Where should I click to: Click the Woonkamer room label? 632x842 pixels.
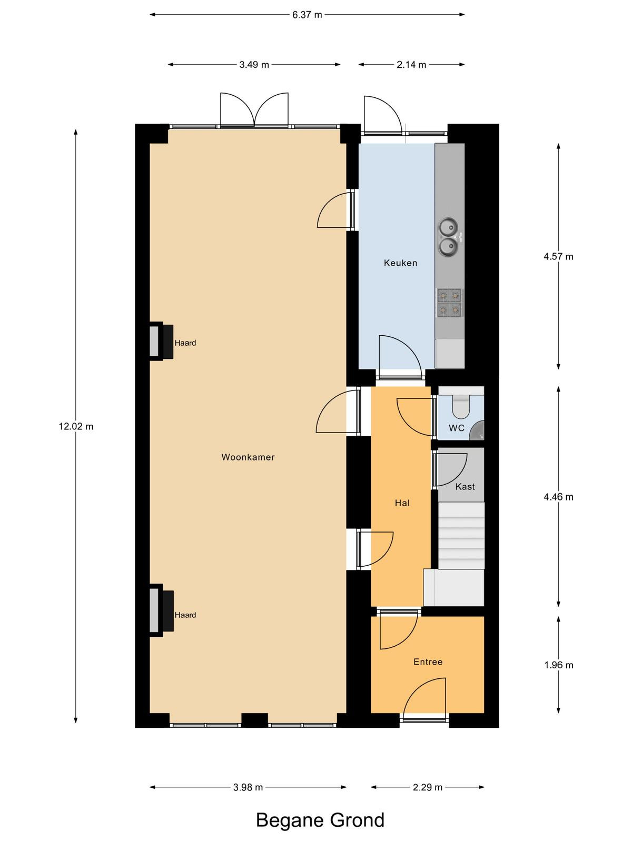(x=248, y=457)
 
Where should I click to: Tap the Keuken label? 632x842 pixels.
(x=400, y=263)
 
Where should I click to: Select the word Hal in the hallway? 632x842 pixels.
(x=402, y=503)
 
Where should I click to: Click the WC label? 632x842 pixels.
(x=457, y=428)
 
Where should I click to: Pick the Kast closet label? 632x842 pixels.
(x=465, y=486)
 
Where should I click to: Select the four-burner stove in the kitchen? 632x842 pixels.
(x=449, y=302)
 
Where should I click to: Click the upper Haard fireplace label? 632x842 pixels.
(x=185, y=343)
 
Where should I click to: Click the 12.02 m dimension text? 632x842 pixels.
(x=76, y=426)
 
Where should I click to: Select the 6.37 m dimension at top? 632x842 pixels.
(x=307, y=15)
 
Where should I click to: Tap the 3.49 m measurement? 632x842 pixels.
(x=254, y=65)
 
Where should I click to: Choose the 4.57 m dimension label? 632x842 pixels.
(x=558, y=256)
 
